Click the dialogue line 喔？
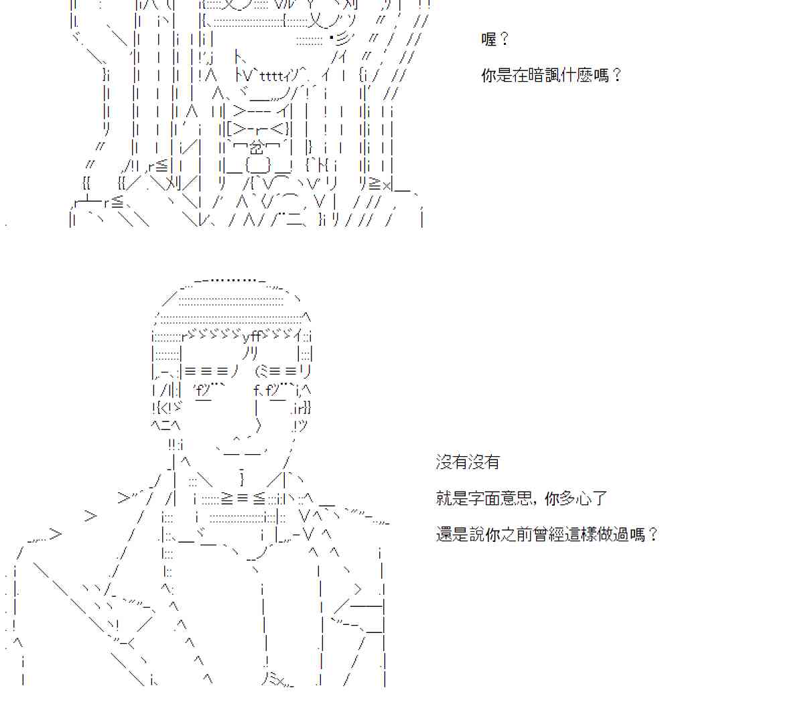pos(495,40)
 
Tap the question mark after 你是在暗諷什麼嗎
pos(617,75)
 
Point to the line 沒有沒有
pos(468,462)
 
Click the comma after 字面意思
pos(537,501)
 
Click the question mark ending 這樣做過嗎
pos(653,535)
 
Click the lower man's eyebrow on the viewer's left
pos(207,370)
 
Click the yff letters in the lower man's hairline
pos(252,336)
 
